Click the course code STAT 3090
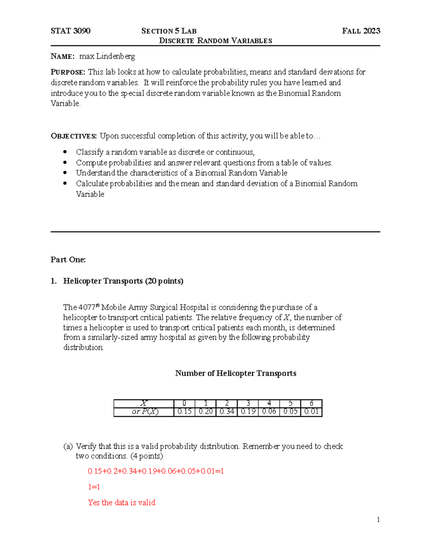click(70, 31)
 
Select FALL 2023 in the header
click(361, 31)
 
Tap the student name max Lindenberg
click(107, 56)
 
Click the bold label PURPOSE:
click(68, 72)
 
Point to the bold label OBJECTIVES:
click(74, 136)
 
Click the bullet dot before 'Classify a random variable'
click(65, 152)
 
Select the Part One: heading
click(68, 260)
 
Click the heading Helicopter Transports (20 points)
click(123, 281)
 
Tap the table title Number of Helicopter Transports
click(236, 373)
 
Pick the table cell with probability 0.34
click(227, 412)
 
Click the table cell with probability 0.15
click(184, 412)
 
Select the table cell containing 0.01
click(311, 412)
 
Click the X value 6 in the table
click(311, 403)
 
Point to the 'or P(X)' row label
click(145, 412)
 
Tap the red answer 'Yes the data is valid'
click(121, 503)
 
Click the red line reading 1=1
click(94, 487)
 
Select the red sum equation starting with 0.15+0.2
click(156, 471)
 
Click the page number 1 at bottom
click(378, 520)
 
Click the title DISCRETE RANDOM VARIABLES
click(215, 41)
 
